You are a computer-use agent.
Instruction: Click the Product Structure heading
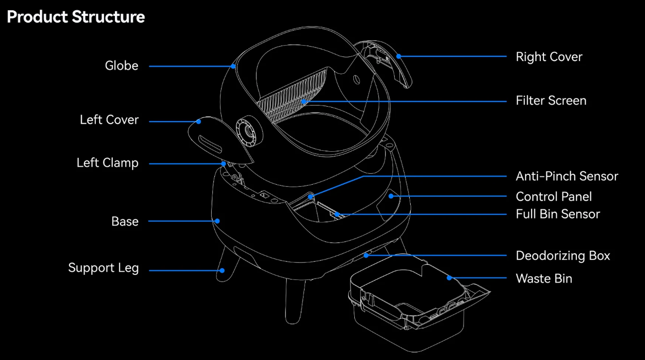[76, 17]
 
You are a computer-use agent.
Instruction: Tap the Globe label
[122, 66]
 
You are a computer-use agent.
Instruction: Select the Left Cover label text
[109, 120]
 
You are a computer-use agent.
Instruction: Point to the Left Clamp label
[108, 163]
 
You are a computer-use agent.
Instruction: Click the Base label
[125, 222]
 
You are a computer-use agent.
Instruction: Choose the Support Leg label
[104, 268]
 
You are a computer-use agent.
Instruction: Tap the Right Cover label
[549, 57]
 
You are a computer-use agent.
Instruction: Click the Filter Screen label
[551, 101]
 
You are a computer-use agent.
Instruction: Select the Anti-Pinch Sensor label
[567, 176]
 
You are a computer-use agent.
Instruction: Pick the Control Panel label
[554, 197]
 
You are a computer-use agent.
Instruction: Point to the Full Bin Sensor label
[557, 214]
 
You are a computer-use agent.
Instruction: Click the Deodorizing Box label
[562, 256]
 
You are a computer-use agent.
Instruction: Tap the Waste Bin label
[543, 279]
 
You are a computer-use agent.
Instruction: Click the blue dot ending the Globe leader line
[233, 66]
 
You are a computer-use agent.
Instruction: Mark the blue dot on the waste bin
[449, 278]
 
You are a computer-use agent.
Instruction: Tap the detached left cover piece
[218, 138]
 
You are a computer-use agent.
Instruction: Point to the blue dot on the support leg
[223, 270]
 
